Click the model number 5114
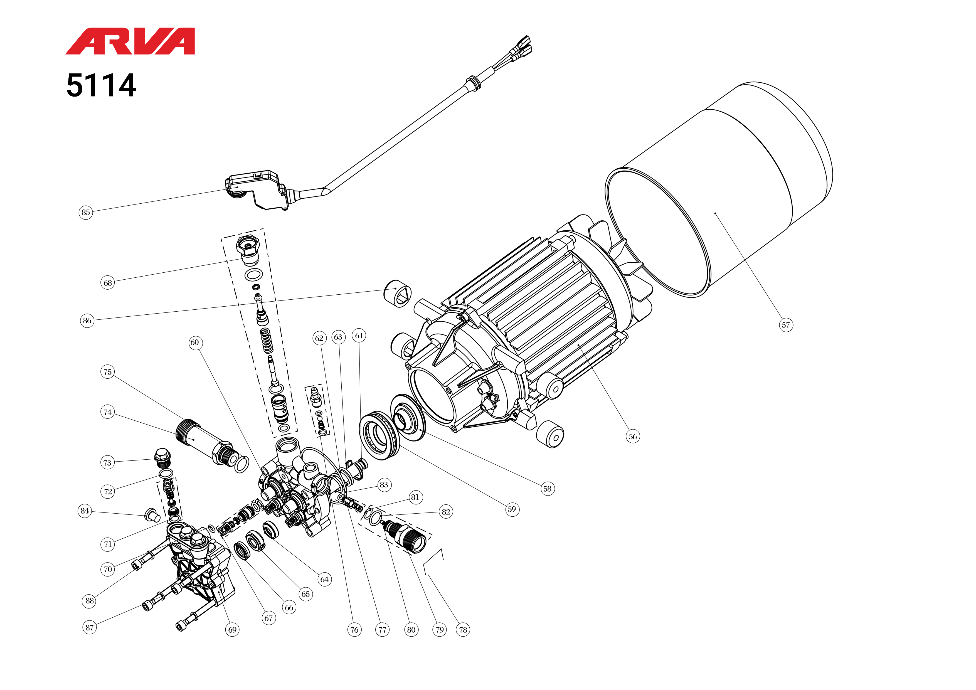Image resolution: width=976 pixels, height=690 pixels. [x=101, y=85]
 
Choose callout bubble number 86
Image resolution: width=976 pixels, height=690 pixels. [x=87, y=321]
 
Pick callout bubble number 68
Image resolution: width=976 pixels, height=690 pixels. [x=108, y=283]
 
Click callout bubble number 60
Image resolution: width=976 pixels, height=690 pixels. [x=195, y=343]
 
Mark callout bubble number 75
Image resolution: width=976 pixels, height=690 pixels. [x=108, y=372]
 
